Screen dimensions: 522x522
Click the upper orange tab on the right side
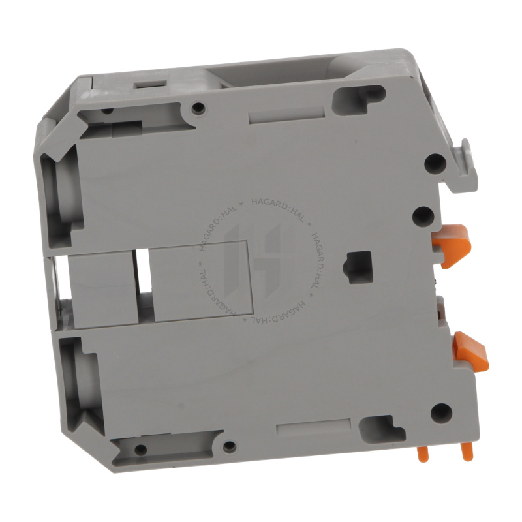[452, 245]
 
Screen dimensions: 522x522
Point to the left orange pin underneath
[422, 453]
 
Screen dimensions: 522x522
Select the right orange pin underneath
[467, 453]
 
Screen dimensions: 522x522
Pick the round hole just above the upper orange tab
[423, 217]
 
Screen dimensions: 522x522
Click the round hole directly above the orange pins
[441, 413]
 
